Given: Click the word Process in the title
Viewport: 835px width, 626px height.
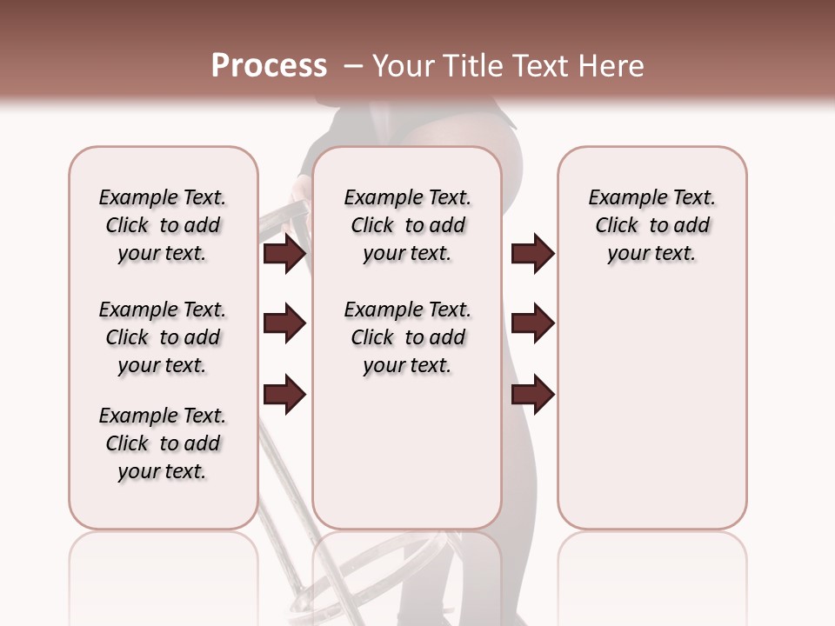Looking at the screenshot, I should coord(269,66).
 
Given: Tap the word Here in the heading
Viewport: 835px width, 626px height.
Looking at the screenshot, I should coord(612,66).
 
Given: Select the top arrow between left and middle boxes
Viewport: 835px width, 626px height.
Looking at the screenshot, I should coord(284,254).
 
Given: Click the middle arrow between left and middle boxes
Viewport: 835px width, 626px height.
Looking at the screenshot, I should coord(284,323).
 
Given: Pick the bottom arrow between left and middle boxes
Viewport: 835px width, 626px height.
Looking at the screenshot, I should coord(284,393).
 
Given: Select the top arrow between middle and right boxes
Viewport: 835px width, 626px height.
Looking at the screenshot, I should coord(532,254).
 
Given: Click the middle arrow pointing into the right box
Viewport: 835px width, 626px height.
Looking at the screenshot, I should coord(532,323).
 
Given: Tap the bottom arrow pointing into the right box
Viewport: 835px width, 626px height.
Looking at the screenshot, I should coord(532,393).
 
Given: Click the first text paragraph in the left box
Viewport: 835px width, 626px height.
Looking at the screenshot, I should coord(163,225).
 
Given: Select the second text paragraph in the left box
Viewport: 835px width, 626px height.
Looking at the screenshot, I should coord(163,337).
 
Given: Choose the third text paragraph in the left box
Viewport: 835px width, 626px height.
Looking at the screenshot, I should coord(163,443).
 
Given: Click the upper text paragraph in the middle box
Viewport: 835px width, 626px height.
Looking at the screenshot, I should coord(407,225).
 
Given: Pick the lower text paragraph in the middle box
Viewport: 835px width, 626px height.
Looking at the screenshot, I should coord(407,337).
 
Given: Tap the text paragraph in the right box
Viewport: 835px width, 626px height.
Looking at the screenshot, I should coord(651,225).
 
